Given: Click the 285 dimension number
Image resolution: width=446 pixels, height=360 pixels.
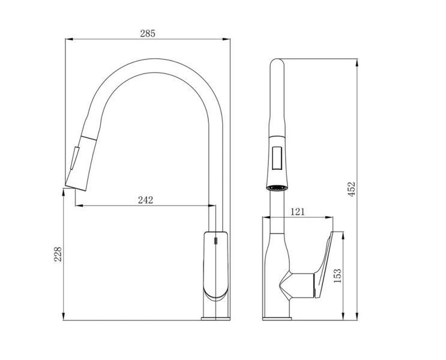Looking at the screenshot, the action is coord(148,34).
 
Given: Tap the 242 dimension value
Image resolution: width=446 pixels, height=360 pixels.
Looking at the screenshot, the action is coord(145,200).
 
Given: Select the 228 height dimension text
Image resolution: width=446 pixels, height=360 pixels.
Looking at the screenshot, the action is coord(58,254).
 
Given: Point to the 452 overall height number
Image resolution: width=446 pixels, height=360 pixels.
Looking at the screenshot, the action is coord(352,189).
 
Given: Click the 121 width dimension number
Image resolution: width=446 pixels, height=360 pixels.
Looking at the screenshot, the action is coord(297,212).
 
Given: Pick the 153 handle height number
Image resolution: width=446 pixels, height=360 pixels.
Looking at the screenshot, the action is coord(337,276).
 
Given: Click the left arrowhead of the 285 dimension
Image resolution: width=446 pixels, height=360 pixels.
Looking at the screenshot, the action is coord(69,39).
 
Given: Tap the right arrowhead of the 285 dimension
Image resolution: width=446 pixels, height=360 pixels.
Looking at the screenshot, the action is coord(226,39).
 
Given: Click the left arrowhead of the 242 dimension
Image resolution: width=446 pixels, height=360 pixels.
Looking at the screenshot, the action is coord(79,205).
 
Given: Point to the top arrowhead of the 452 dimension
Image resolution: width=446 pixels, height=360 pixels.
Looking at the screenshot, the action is coord(357,62).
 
